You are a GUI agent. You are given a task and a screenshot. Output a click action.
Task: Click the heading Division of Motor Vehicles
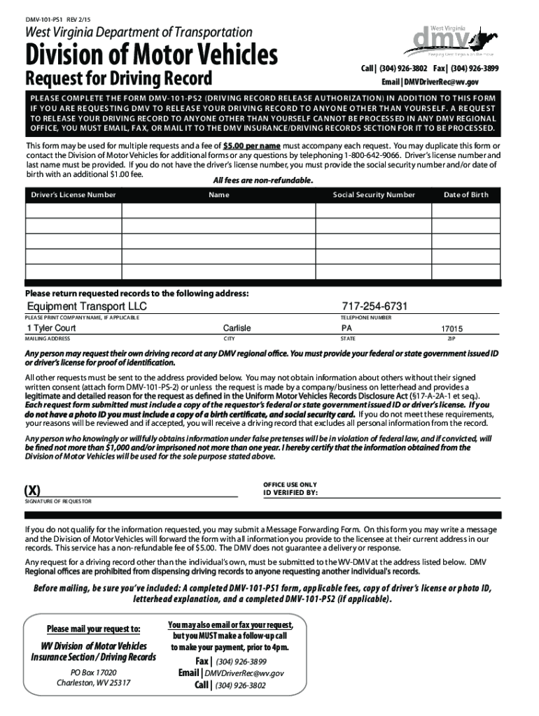pos(151,54)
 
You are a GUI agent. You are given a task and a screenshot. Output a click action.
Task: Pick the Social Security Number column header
pos(374,194)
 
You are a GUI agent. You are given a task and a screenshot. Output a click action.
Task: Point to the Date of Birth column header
pos(465,194)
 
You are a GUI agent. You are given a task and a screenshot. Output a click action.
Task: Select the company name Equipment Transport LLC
pos(87,308)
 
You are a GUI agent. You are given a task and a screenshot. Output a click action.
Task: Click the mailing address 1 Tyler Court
pos(52,328)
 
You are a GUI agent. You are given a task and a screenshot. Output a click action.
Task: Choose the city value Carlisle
pos(237,328)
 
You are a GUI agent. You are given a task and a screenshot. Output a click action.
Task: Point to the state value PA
pos(347,328)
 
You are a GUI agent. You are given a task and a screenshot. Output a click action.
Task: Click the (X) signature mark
pos(32,489)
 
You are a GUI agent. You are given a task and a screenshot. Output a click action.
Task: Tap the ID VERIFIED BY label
pos(290,492)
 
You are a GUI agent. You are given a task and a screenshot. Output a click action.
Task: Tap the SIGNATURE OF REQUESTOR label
pos(58,501)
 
